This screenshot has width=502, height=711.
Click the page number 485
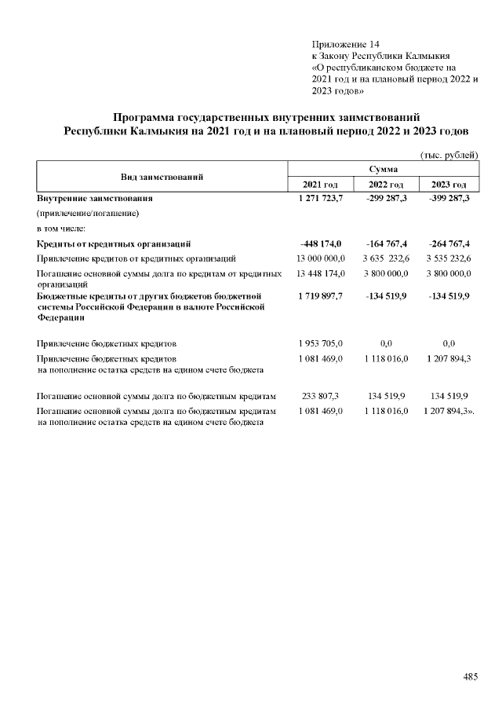tap(470, 676)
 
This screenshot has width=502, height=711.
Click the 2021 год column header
tap(320, 185)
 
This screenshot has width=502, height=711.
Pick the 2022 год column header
tap(385, 185)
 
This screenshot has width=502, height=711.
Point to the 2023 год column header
tap(449, 185)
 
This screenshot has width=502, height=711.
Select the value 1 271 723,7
tap(321, 199)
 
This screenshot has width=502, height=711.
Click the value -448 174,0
tap(321, 244)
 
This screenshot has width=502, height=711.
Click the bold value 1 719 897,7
tap(321, 295)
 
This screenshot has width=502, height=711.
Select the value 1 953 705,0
tap(321, 343)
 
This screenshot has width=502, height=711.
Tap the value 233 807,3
tap(321, 397)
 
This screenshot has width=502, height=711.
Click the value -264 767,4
tap(450, 244)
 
